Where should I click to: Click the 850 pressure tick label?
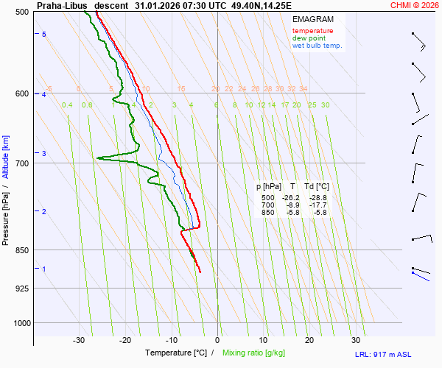21,250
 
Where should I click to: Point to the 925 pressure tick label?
21,288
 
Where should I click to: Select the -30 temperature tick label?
80,340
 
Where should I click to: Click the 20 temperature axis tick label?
309,340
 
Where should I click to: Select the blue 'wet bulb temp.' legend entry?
318,46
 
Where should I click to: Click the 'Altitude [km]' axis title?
6,157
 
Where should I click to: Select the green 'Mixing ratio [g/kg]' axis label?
256,353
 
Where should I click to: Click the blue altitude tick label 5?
44,35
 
